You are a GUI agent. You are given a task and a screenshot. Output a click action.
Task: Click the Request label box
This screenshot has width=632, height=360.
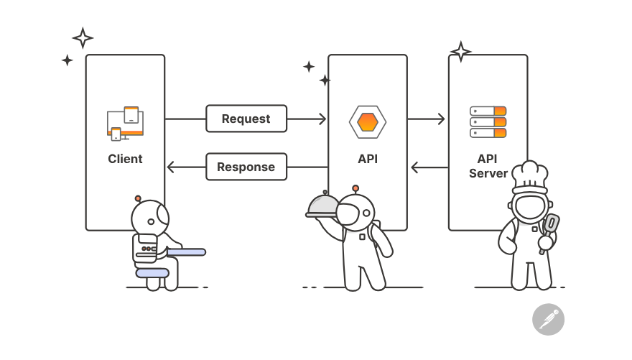pyautogui.click(x=246, y=119)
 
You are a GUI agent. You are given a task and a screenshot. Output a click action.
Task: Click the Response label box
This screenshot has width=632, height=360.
pyautogui.click(x=246, y=167)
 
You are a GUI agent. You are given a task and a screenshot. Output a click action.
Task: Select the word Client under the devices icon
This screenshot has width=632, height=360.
pyautogui.click(x=125, y=159)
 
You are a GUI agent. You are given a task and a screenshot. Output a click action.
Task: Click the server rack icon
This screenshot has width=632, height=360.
pyautogui.click(x=488, y=122)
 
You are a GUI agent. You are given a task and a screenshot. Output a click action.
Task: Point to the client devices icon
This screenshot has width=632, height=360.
pyautogui.click(x=125, y=123)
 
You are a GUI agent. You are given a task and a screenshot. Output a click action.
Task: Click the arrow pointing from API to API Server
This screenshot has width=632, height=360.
pyautogui.click(x=427, y=119)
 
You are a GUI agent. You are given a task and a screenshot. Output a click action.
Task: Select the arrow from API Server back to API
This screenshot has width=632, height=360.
pyautogui.click(x=429, y=167)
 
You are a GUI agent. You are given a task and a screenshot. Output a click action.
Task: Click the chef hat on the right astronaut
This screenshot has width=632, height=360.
pyautogui.click(x=529, y=175)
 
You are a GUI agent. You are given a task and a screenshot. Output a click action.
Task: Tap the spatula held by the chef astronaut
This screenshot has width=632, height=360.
pyautogui.click(x=551, y=226)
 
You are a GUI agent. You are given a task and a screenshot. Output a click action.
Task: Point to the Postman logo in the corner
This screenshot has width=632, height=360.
pyautogui.click(x=548, y=319)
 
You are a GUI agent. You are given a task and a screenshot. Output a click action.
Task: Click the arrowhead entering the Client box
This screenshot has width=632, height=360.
pyautogui.click(x=170, y=167)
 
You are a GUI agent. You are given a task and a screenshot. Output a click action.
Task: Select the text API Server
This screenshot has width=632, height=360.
pyautogui.click(x=488, y=166)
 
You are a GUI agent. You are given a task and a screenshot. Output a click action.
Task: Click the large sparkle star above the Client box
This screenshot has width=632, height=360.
pyautogui.click(x=83, y=37)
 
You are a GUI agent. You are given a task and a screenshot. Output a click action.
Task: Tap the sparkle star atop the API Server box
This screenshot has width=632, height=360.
pyautogui.click(x=460, y=51)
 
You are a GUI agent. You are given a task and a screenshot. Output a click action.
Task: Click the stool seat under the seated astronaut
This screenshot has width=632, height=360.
pyautogui.click(x=153, y=273)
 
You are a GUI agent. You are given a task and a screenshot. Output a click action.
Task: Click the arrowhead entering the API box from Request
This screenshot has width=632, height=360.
pyautogui.click(x=322, y=119)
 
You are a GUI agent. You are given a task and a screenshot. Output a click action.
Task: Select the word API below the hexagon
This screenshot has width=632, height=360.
pyautogui.click(x=367, y=159)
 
